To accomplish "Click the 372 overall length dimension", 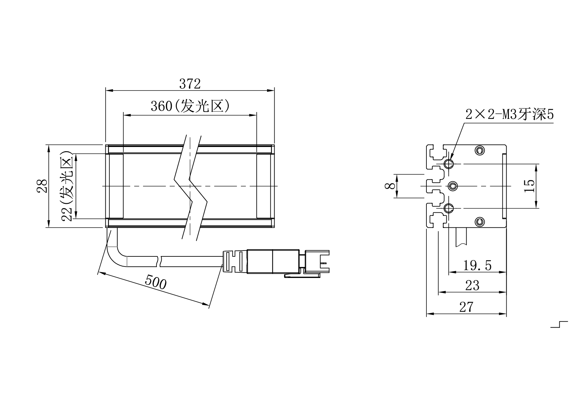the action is tap(190, 84).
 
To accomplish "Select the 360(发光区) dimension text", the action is tap(190, 106).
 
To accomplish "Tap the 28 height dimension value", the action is tap(42, 186).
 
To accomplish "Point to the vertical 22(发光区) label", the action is tap(67, 186).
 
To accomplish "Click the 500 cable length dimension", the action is tap(156, 282).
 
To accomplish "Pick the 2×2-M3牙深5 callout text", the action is tap(510, 114).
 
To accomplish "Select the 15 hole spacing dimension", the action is tap(529, 186).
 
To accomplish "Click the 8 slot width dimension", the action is tap(390, 186).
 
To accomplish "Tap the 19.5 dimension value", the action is tap(477, 266).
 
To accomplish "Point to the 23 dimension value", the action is tap(472, 286).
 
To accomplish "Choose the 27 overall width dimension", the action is tap(466, 307).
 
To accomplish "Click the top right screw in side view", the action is tap(480, 151).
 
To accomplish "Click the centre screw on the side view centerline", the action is tap(453, 186).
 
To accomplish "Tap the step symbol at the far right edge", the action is tap(559, 324).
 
